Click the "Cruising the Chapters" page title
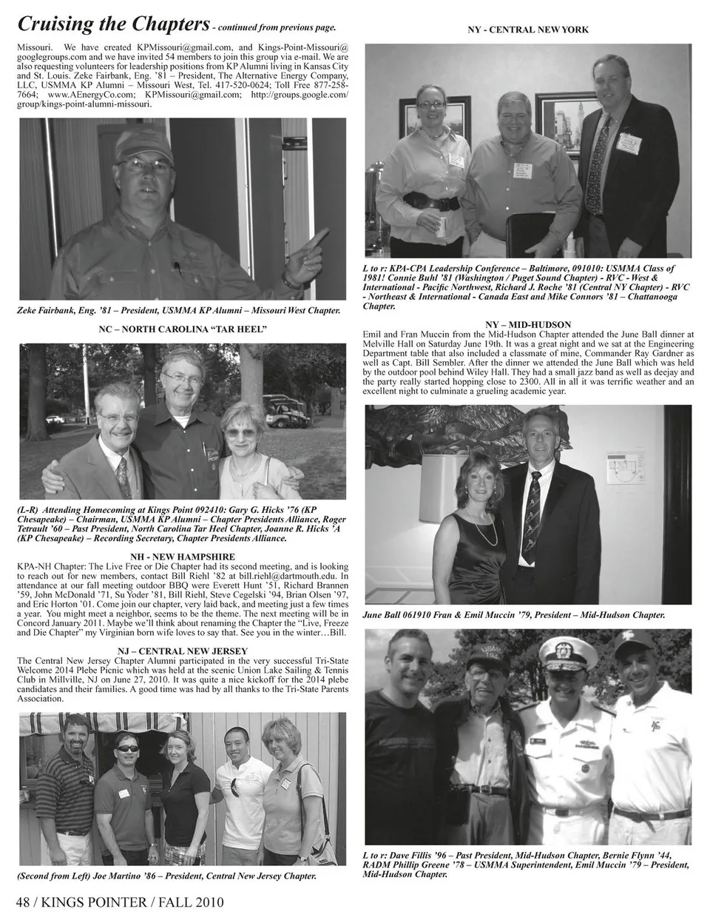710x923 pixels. (111, 24)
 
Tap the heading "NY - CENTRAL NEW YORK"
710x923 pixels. (528, 30)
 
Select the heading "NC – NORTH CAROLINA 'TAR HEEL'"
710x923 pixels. (182, 329)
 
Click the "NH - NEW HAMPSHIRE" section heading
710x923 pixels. (182, 556)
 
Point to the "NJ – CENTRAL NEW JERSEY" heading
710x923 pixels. (182, 651)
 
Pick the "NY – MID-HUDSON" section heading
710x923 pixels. (528, 325)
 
